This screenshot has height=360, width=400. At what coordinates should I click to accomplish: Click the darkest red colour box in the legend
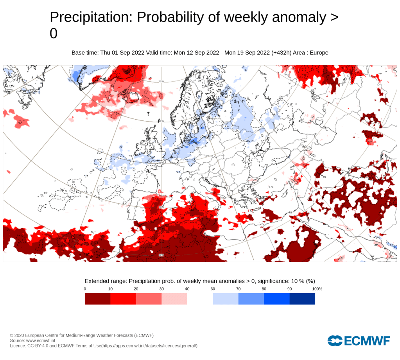point(97,299)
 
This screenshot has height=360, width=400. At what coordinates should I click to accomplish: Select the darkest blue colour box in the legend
point(302,299)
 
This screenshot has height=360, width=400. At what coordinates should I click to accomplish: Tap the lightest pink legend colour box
point(174,299)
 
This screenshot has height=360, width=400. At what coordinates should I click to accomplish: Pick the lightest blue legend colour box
point(225,299)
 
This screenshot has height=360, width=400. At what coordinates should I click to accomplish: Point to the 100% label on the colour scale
point(317,289)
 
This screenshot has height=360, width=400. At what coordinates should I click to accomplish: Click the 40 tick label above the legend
point(187,289)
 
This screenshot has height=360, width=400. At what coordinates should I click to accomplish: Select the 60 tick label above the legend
point(212,289)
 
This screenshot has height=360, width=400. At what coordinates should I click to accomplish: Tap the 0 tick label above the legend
point(85,289)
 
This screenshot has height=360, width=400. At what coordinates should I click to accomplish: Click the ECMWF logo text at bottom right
point(366,341)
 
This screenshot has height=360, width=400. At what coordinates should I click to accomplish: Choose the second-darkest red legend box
point(123,299)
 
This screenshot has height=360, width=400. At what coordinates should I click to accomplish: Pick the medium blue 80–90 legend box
point(276,299)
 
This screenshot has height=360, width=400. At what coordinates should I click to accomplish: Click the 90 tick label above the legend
point(289,289)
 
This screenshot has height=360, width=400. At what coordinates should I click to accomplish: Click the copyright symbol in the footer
point(12,335)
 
